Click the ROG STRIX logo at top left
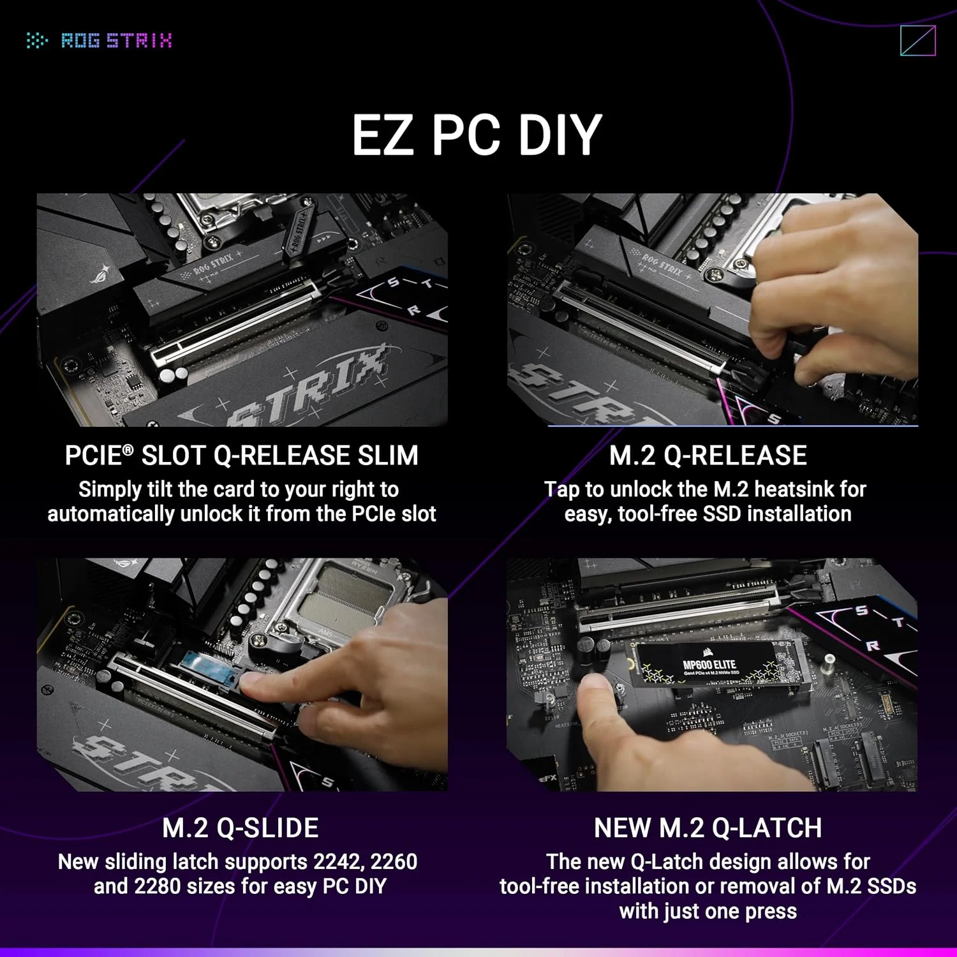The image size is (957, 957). [x=100, y=41]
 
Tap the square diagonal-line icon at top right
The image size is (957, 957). [x=917, y=41]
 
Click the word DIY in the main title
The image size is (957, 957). [x=560, y=135]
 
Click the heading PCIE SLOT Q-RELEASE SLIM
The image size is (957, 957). [x=241, y=456]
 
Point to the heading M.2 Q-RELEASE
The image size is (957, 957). [x=708, y=456]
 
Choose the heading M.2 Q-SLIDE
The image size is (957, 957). [x=241, y=827]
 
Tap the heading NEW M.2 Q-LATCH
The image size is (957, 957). [x=708, y=827]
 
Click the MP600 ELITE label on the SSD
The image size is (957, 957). [x=709, y=665]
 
